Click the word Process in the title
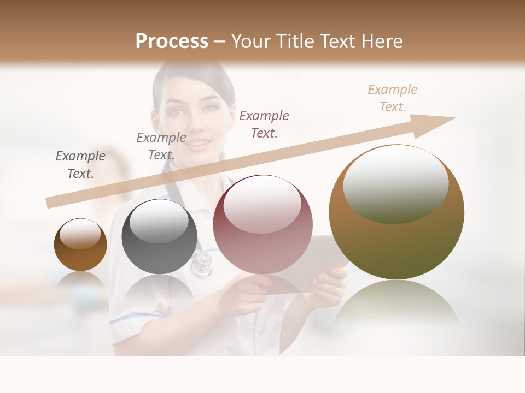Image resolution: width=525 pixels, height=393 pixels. (x=172, y=41)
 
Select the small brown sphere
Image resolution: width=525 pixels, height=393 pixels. (x=80, y=245)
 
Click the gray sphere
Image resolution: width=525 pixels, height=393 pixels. (x=159, y=236)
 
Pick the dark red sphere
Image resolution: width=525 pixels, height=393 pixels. (x=262, y=224)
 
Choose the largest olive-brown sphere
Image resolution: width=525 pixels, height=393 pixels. (x=396, y=212)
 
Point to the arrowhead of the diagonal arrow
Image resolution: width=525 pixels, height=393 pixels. (x=440, y=123)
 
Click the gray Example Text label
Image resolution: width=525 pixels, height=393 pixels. (x=80, y=165)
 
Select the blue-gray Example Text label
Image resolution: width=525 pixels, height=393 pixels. (x=161, y=146)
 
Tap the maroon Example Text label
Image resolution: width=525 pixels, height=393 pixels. (x=264, y=124)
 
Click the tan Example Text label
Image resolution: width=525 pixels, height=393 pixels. (x=392, y=98)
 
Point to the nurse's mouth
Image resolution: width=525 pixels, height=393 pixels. (x=199, y=144)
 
